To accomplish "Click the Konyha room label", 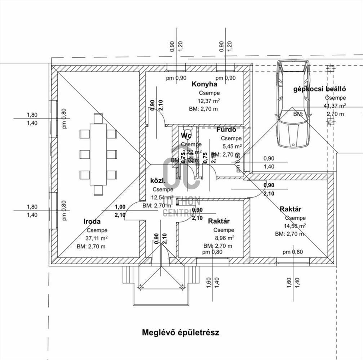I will tap(204, 84).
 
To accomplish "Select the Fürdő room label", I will tap(226, 130).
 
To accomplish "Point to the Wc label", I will tap(186, 136).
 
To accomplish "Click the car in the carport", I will tap(293, 103).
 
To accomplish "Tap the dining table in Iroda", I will tap(98, 154).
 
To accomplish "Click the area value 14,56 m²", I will tap(295, 226).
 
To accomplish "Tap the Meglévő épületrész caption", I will tap(181, 332).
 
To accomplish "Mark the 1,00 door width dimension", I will tap(120, 207).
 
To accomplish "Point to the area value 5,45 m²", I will tap(231, 147).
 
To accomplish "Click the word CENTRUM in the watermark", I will tap(179, 213).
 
